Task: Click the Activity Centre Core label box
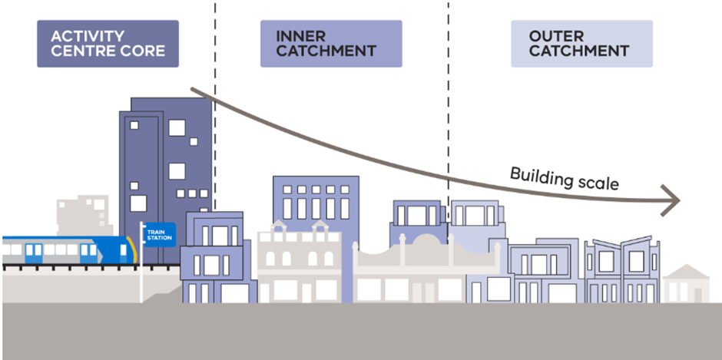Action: click(x=108, y=44)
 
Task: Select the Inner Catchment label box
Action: click(x=331, y=44)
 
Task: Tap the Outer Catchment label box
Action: click(x=581, y=44)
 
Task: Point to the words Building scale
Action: click(x=564, y=177)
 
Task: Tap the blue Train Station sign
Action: click(x=160, y=234)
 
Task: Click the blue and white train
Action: click(x=65, y=250)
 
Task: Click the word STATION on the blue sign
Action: click(x=160, y=238)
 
